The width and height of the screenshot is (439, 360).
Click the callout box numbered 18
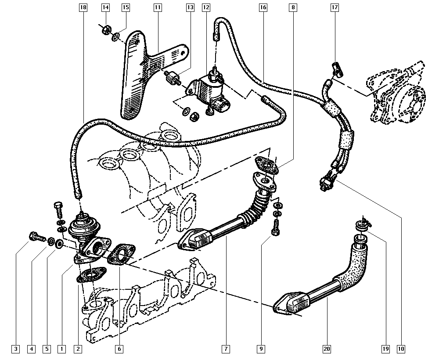(83, 7)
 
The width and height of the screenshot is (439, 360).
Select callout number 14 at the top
(105, 7)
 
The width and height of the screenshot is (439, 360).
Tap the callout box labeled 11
(158, 7)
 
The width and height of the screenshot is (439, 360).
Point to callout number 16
(263, 7)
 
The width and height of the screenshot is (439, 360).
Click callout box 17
(335, 7)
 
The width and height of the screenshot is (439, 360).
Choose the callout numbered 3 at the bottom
(16, 349)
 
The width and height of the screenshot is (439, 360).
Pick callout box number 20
(327, 349)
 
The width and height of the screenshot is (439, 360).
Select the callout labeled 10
(401, 349)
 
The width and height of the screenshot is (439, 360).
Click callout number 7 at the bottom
(226, 349)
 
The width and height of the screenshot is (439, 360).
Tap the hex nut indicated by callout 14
(106, 29)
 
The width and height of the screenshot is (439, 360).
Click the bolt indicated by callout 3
(37, 238)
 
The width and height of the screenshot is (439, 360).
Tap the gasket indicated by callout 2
(91, 275)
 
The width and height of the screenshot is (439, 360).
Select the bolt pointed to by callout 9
(275, 227)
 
